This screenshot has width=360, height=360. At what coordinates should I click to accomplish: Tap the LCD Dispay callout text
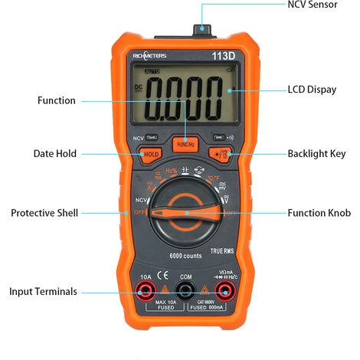[x=311, y=90]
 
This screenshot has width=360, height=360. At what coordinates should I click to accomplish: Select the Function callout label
[x=57, y=100]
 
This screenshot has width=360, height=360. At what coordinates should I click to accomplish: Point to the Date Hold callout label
[x=54, y=153]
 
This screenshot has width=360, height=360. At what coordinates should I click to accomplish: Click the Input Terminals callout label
[x=43, y=291]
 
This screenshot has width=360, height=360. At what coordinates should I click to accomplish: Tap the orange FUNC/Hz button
[x=185, y=143]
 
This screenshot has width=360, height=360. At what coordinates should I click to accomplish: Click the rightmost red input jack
[x=225, y=290]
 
